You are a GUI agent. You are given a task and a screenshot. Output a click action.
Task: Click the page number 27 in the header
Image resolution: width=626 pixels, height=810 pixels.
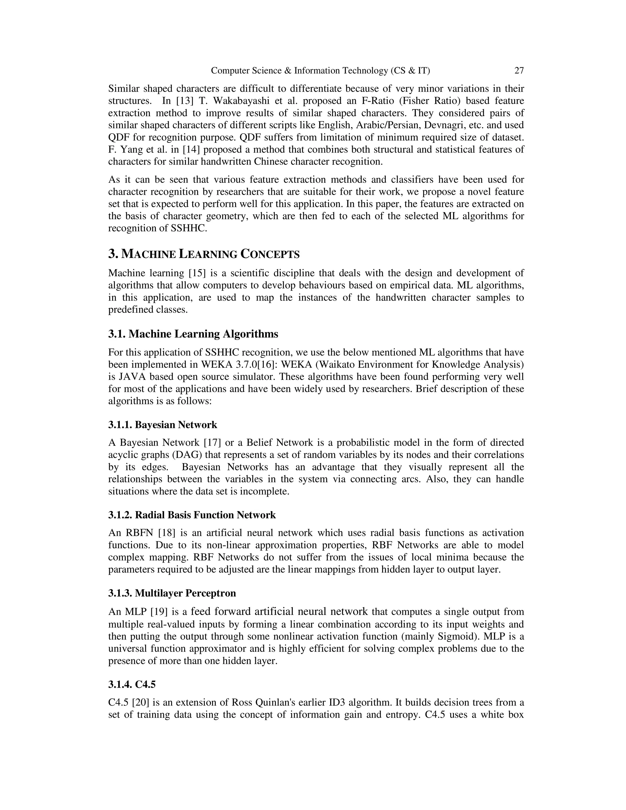(x=519, y=71)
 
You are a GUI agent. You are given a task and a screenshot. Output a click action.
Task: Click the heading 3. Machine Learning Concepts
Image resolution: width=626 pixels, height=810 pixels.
(x=204, y=254)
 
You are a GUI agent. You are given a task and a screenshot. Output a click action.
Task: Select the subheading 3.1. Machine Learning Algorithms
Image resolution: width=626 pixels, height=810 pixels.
(x=193, y=334)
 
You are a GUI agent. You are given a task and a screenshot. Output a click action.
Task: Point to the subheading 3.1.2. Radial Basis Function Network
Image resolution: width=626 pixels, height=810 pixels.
(x=192, y=515)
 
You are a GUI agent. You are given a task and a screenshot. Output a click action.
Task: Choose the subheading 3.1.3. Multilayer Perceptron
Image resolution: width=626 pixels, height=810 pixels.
(x=172, y=593)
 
